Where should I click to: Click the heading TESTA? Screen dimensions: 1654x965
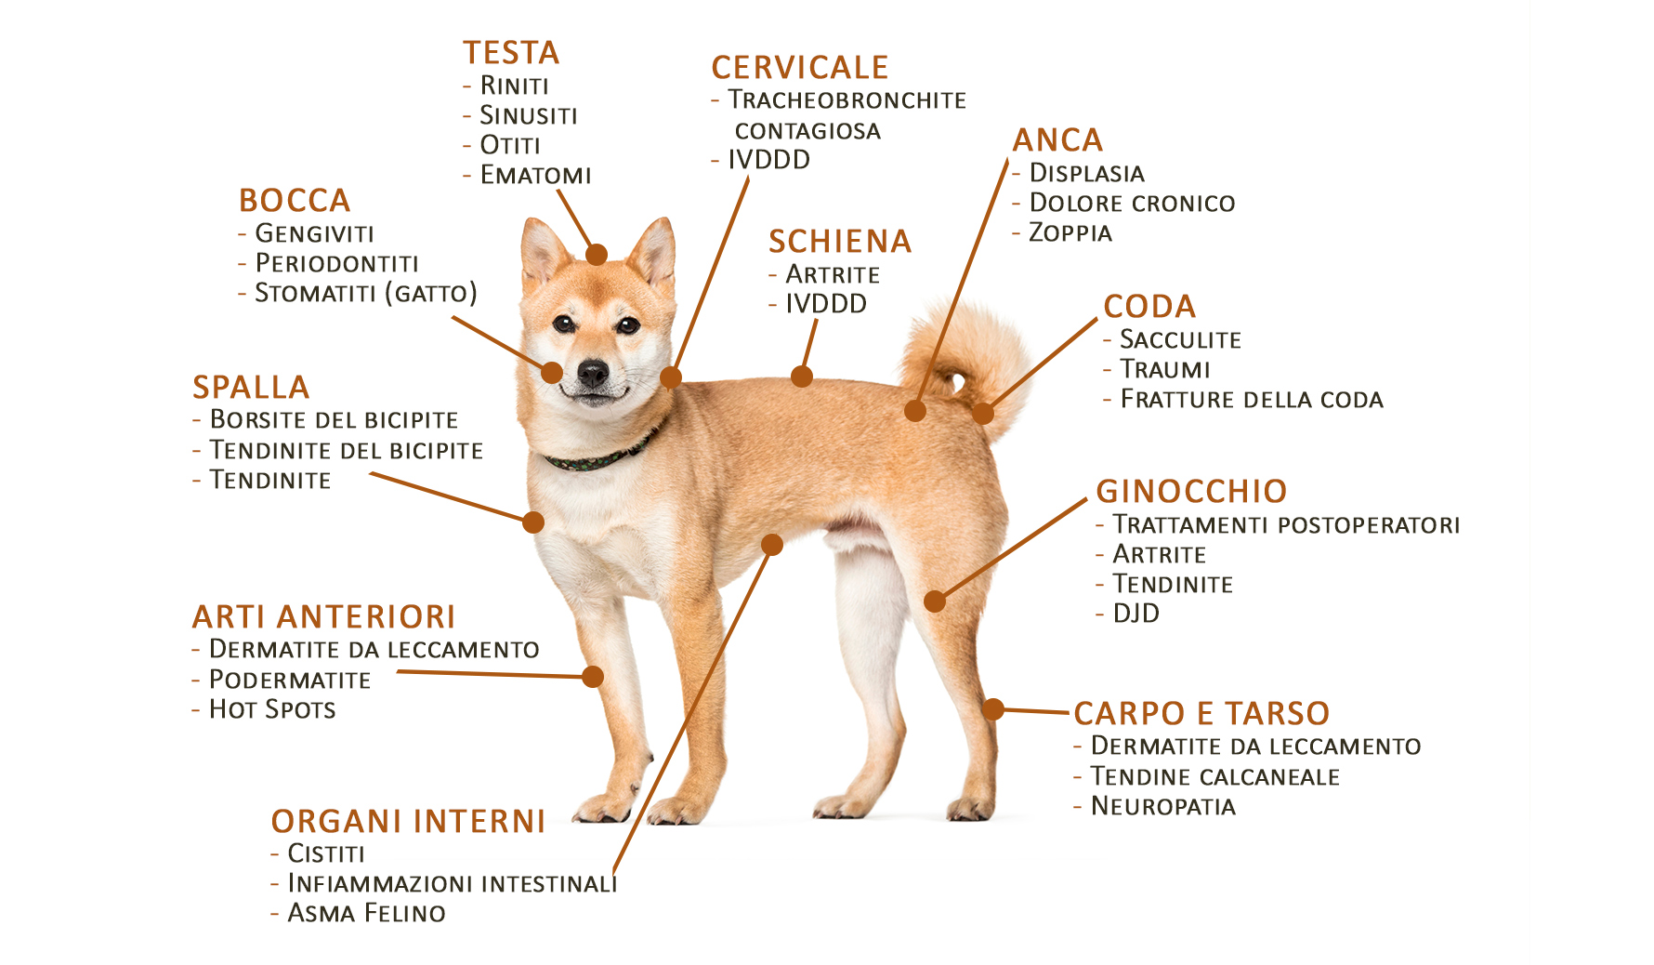pyautogui.click(x=511, y=53)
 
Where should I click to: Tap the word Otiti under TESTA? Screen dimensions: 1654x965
pyautogui.click(x=510, y=145)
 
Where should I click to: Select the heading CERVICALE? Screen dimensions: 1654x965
pyautogui.click(x=800, y=68)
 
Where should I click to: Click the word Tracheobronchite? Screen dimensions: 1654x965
pyautogui.click(x=847, y=100)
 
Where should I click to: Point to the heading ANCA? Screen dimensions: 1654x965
pyautogui.click(x=1057, y=140)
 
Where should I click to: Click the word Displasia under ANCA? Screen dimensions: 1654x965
pyautogui.click(x=1087, y=174)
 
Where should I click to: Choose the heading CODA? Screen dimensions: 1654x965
pyautogui.click(x=1149, y=307)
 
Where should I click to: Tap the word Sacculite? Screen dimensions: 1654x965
pyautogui.click(x=1181, y=340)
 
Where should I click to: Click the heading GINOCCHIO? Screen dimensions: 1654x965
pyautogui.click(x=1192, y=491)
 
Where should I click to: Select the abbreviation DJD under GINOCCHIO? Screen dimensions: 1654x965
pyautogui.click(x=1136, y=614)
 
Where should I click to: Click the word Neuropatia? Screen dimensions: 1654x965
pyautogui.click(x=1163, y=806)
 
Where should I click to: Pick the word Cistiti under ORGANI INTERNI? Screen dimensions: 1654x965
pyautogui.click(x=326, y=853)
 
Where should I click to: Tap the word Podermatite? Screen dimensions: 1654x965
pyautogui.click(x=290, y=680)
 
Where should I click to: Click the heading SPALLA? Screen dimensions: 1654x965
pyautogui.click(x=251, y=388)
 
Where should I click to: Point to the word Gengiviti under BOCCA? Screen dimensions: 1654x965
pyautogui.click(x=315, y=233)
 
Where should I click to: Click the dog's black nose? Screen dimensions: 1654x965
pyautogui.click(x=593, y=374)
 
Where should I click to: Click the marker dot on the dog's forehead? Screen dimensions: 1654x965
pyautogui.click(x=597, y=254)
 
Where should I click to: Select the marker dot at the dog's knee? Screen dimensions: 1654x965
pyautogui.click(x=935, y=601)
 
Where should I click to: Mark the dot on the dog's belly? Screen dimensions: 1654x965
pyautogui.click(x=771, y=545)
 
